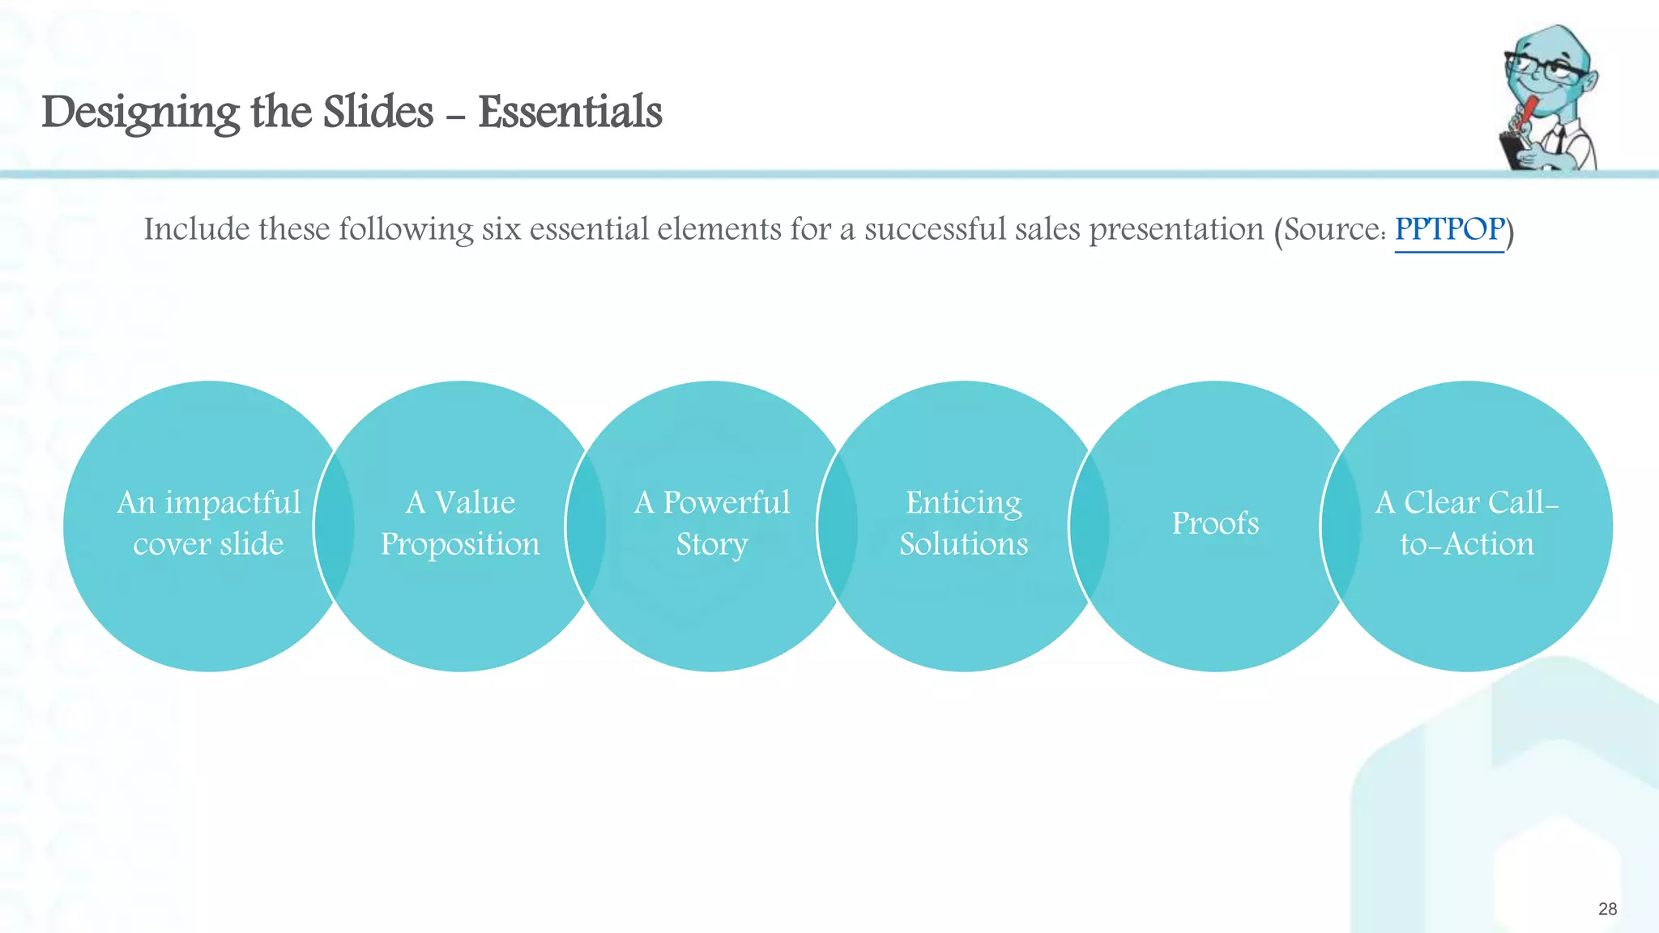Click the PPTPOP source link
click(1448, 230)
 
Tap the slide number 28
click(1607, 909)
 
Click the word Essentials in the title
click(569, 112)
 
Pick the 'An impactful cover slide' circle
click(208, 599)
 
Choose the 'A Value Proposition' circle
click(460, 599)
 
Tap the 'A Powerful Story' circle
click(712, 599)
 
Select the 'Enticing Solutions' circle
click(963, 599)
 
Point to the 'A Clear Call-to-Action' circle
click(1467, 599)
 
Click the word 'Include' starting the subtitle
click(197, 230)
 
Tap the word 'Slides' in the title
click(378, 112)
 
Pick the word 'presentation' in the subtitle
click(1176, 230)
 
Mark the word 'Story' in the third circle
click(712, 544)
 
